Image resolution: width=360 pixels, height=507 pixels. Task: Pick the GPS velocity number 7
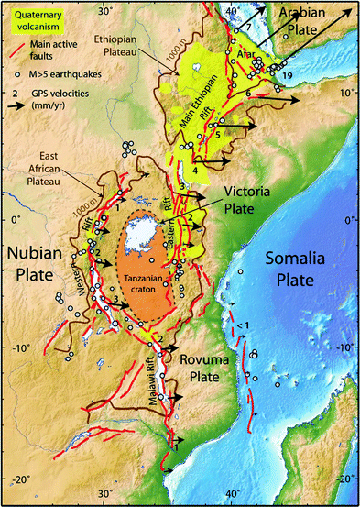tap(246, 30)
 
